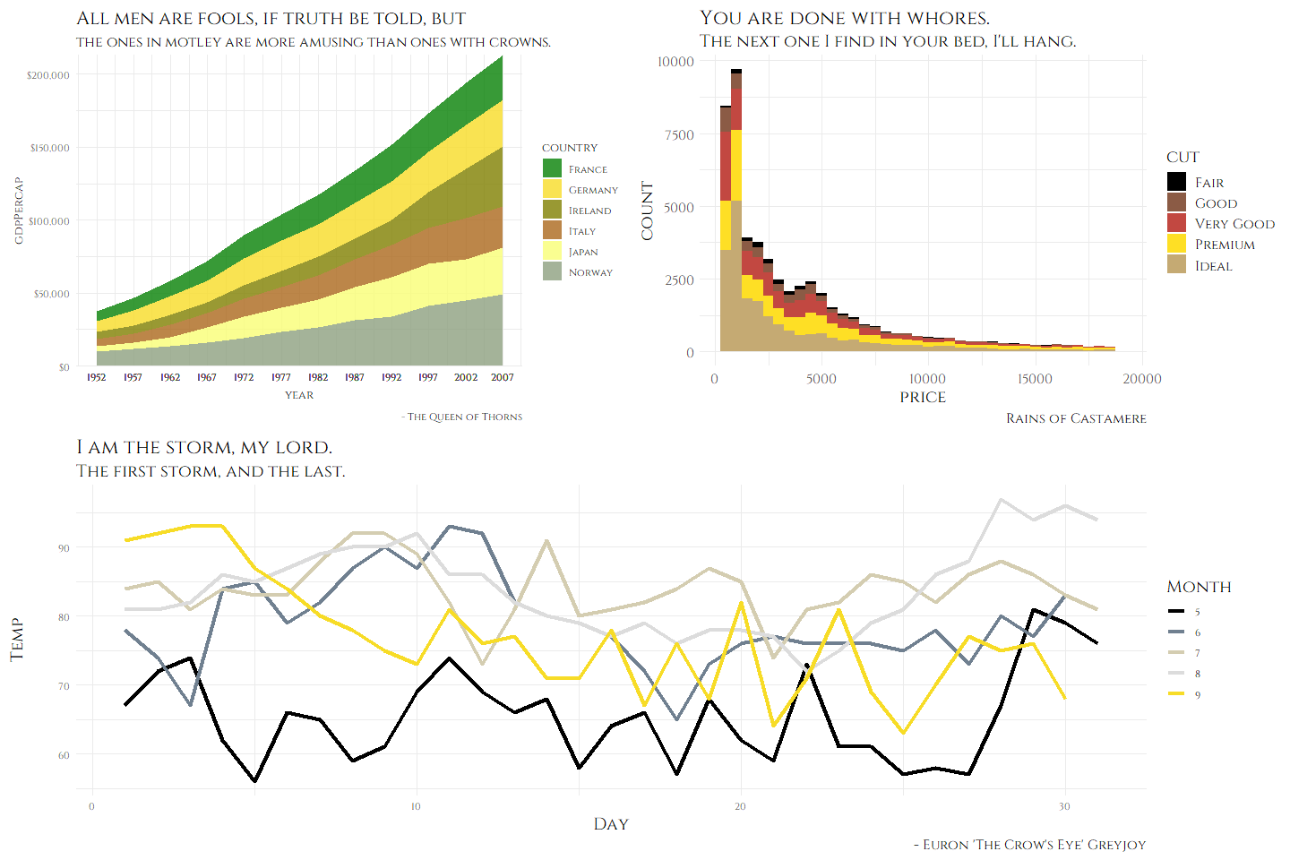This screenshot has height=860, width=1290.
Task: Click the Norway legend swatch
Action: click(552, 271)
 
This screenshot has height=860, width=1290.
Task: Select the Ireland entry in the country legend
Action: click(589, 211)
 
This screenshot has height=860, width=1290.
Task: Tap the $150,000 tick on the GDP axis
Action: click(49, 148)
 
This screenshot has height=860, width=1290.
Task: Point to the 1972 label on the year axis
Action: click(244, 377)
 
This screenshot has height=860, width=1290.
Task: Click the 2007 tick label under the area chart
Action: click(503, 377)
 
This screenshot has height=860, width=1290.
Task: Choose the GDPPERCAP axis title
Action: click(19, 211)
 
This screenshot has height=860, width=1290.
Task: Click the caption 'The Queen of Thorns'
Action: click(464, 417)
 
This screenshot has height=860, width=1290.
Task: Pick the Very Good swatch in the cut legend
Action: click(1176, 223)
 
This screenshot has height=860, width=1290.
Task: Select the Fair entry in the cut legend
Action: click(1208, 183)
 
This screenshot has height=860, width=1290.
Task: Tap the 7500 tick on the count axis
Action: click(678, 134)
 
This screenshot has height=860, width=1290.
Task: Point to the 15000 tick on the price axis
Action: click(1035, 379)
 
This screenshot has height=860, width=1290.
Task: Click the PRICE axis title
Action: click(923, 397)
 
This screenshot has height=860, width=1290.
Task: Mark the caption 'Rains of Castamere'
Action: click(1076, 418)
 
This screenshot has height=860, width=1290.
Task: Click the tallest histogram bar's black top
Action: click(736, 71)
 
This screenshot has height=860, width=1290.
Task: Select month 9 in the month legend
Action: click(1197, 695)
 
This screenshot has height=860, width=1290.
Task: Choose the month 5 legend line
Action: click(1176, 612)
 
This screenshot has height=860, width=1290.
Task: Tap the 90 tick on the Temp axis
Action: click(64, 548)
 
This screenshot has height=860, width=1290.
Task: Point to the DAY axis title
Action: click(611, 824)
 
